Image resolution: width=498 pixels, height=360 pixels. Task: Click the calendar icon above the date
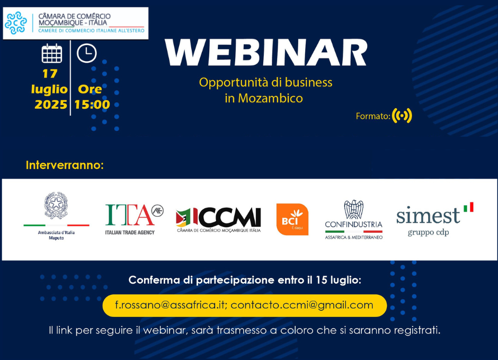52,54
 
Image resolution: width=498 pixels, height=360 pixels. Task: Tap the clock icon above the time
87,53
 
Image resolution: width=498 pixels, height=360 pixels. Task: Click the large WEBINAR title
266,52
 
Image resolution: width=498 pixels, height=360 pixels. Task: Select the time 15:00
92,104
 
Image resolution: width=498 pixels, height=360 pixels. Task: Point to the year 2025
51,104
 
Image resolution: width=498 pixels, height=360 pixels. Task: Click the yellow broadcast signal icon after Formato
402,116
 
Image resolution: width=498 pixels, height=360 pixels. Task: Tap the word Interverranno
65,165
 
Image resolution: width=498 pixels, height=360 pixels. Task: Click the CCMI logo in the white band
218,220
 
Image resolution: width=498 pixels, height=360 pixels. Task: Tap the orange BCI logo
292,219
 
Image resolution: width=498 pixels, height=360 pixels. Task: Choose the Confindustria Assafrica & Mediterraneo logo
353,219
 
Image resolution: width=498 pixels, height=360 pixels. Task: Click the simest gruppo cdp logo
434,219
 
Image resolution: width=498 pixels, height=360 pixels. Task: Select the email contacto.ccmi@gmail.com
302,305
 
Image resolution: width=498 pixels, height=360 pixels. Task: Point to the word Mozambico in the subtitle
270,98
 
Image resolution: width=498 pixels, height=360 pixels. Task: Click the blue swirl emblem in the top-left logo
16,23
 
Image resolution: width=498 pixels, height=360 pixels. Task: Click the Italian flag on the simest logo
468,207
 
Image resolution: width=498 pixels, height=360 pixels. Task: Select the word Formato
373,116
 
